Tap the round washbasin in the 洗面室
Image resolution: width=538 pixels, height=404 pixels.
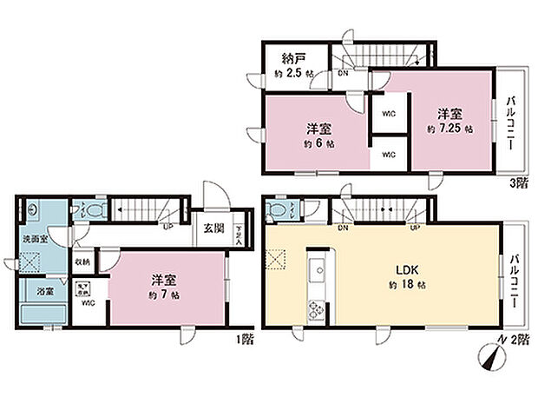click(33, 209)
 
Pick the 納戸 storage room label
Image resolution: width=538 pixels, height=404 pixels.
click(292, 60)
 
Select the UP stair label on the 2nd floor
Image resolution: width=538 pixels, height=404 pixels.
click(416, 228)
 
